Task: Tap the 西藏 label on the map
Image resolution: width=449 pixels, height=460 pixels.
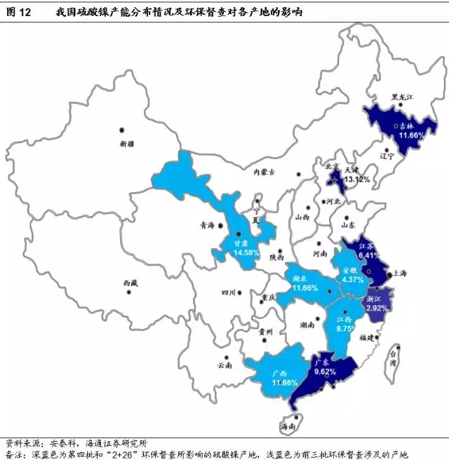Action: (x=130, y=283)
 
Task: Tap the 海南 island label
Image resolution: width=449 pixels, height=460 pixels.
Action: (x=288, y=426)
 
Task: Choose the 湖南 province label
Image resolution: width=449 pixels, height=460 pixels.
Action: (x=306, y=326)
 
